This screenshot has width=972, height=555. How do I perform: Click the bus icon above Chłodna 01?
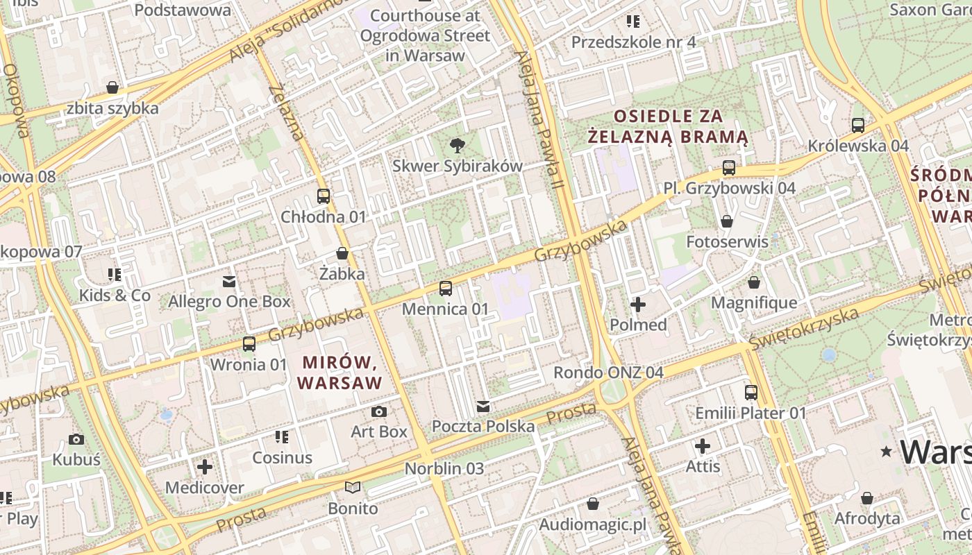tap(324, 196)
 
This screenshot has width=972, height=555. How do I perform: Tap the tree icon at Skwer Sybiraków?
tap(457, 145)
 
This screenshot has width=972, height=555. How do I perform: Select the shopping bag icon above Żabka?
tap(342, 253)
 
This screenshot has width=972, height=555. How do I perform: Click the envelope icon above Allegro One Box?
tap(228, 281)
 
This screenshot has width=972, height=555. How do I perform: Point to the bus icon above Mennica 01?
tap(446, 288)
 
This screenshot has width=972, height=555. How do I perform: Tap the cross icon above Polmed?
tap(637, 304)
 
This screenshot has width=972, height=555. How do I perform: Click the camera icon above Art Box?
tap(378, 411)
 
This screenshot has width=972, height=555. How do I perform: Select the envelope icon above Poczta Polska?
tap(483, 406)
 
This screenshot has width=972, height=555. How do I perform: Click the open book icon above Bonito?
tap(353, 488)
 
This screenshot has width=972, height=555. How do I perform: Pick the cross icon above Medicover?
tap(204, 467)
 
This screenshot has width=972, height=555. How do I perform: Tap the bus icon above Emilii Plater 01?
tap(751, 393)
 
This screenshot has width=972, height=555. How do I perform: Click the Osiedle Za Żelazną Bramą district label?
tap(668, 126)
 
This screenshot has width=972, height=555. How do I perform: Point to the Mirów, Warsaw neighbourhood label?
tap(340, 373)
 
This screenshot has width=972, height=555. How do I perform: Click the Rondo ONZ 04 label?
tap(608, 373)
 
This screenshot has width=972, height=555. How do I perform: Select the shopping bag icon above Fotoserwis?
tap(726, 221)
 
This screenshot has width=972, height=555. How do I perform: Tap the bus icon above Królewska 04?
tap(857, 126)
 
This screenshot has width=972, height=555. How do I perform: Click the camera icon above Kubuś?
tap(76, 439)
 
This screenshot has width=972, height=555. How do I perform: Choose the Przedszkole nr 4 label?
tap(633, 42)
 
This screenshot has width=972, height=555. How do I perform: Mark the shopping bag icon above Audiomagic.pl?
tap(592, 504)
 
